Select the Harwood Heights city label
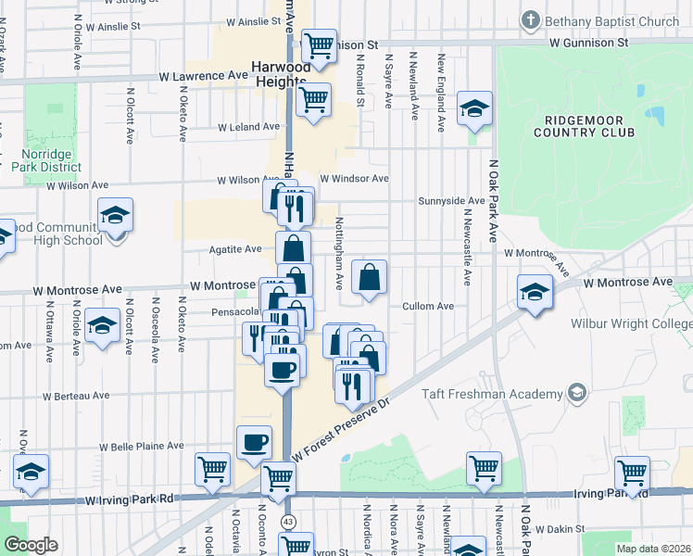click(x=286, y=68)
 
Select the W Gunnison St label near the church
click(x=588, y=43)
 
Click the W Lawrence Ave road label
click(x=203, y=76)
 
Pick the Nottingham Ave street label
click(x=339, y=245)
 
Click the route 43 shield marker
click(x=289, y=522)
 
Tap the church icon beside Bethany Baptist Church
click(x=531, y=19)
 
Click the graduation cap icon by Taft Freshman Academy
click(x=578, y=393)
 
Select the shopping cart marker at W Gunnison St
click(x=319, y=44)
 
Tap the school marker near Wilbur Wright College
click(x=535, y=292)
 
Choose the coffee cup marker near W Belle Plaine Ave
click(x=254, y=443)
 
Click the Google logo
click(x=31, y=545)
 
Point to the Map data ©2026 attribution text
click(x=652, y=549)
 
